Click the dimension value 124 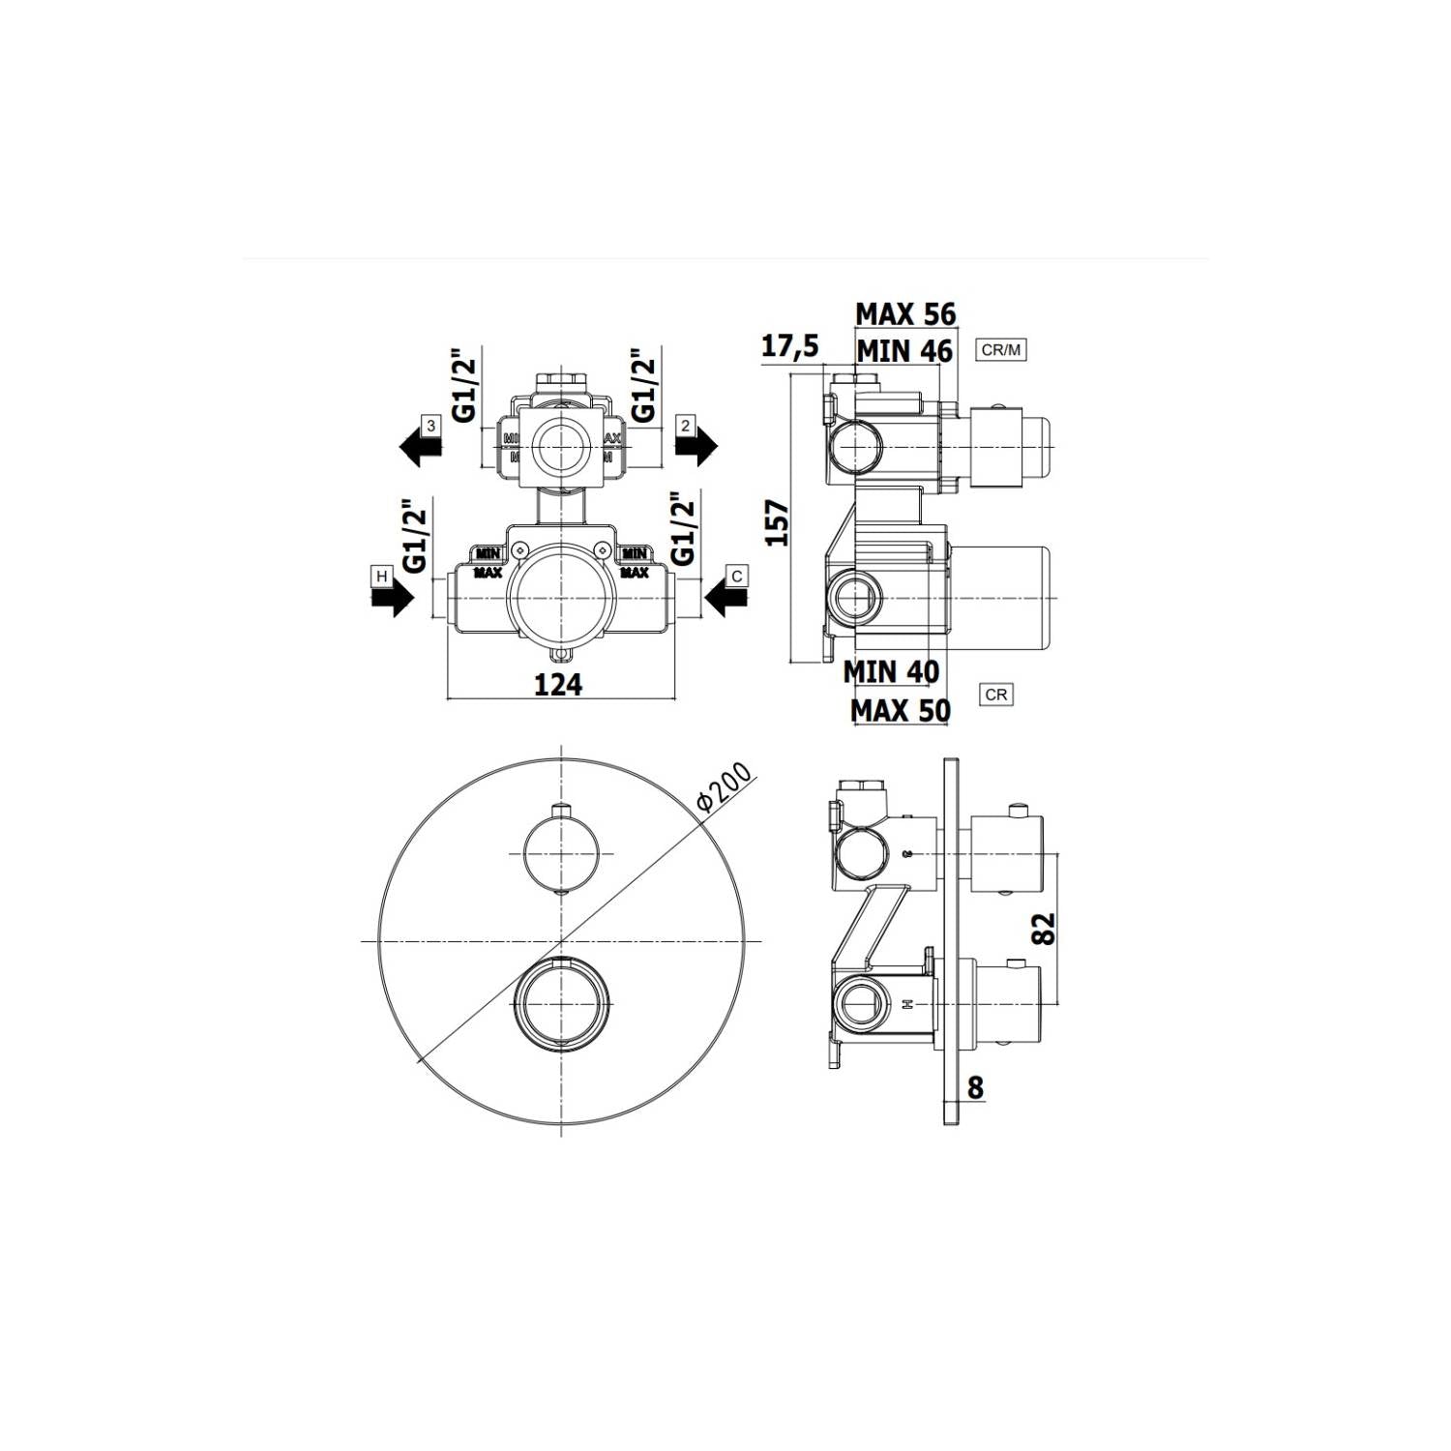pos(558,684)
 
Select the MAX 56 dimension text pos(905,314)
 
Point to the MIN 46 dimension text pos(904,350)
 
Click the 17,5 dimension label pos(789,345)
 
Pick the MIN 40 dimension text pos(891,670)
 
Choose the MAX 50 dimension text pos(900,711)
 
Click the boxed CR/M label pos(1001,350)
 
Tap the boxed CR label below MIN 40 pos(996,695)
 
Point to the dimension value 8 pos(974,1088)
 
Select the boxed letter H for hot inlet pos(382,577)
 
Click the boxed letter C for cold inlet pos(737,577)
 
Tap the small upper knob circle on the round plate pos(561,852)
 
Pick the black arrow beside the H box pos(392,600)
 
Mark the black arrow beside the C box pos(726,600)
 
